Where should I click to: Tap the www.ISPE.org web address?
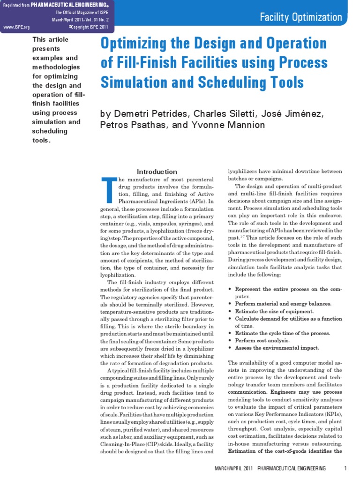[x=16, y=27]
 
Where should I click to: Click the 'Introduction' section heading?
[x=157, y=172]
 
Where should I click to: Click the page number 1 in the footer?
[x=345, y=468]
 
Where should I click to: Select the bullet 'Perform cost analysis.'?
[x=262, y=340]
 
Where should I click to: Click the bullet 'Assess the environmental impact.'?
[x=277, y=348]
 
